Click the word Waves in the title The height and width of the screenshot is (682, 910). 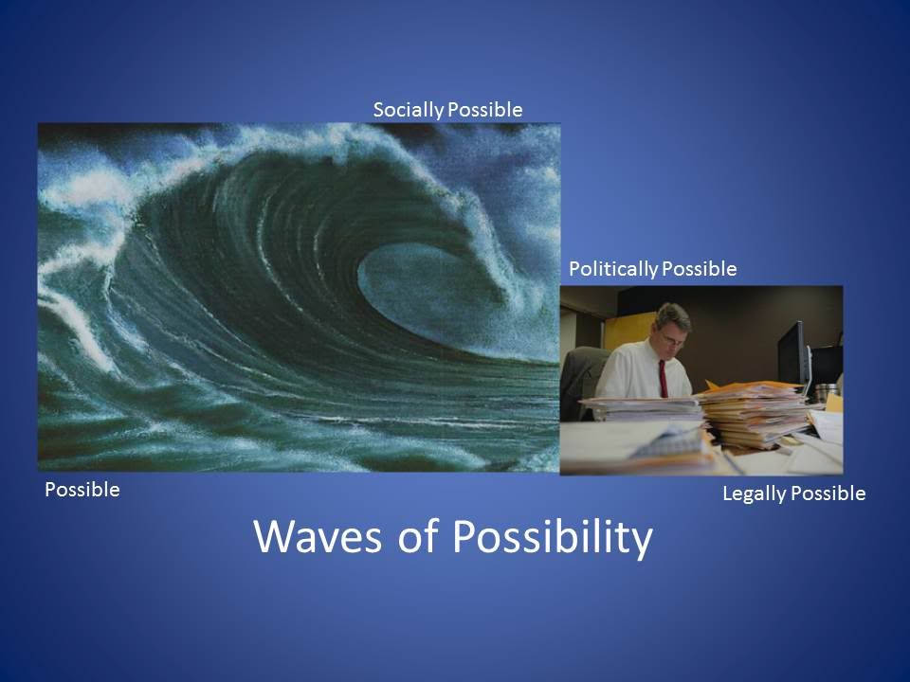(318, 536)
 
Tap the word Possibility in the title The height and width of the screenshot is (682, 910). (553, 538)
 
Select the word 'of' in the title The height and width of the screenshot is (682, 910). (417, 535)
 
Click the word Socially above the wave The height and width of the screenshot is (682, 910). (409, 110)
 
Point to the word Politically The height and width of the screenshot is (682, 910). (613, 269)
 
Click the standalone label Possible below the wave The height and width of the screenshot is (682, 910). (82, 490)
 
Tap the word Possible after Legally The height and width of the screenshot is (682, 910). (828, 494)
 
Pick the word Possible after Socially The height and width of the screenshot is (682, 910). (485, 110)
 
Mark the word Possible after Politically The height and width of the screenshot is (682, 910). (700, 268)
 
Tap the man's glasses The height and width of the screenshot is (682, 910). (674, 340)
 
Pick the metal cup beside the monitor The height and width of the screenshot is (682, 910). (826, 392)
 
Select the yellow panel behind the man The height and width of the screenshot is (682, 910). (629, 331)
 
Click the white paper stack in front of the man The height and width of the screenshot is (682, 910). (643, 408)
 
